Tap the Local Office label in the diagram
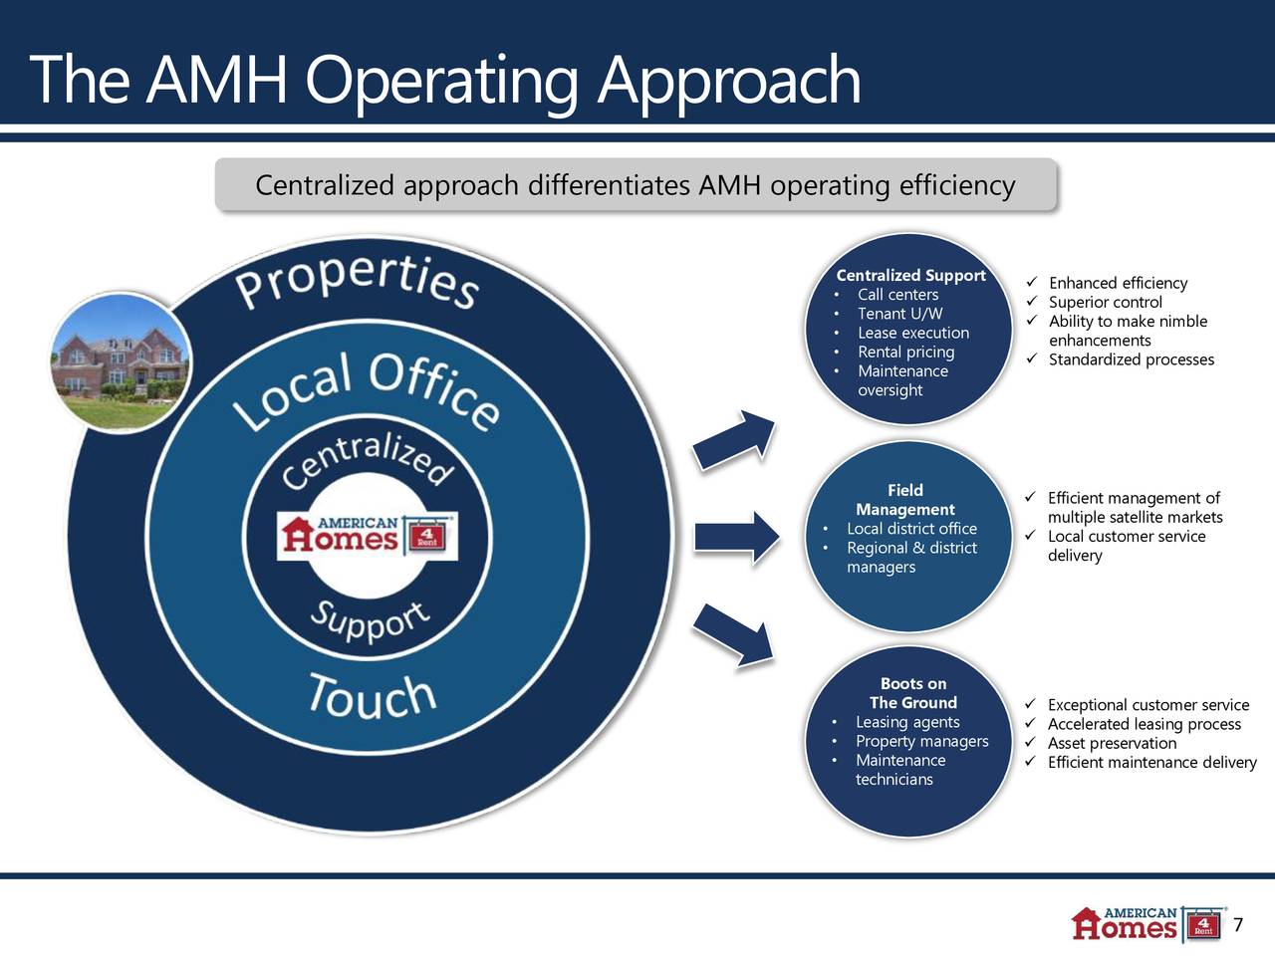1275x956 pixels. (x=367, y=393)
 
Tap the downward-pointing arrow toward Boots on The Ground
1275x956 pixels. (x=735, y=632)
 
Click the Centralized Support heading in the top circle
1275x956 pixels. (x=910, y=276)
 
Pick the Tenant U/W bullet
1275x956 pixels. (x=899, y=314)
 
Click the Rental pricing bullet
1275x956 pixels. (x=905, y=352)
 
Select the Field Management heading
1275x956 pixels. (x=904, y=500)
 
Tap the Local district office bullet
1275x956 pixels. (x=911, y=529)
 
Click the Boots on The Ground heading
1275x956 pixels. (x=912, y=693)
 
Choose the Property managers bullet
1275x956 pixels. (x=921, y=741)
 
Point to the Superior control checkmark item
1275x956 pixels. (x=1105, y=302)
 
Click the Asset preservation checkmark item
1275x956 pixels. (x=1112, y=743)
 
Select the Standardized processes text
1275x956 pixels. (x=1131, y=359)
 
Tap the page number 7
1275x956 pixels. (x=1238, y=926)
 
